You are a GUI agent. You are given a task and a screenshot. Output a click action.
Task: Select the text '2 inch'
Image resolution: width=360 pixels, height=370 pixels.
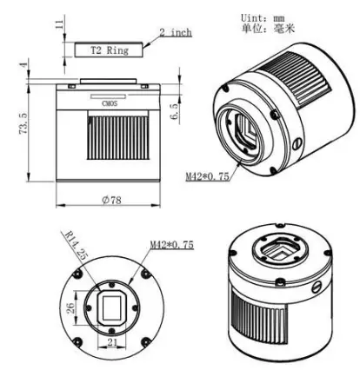[x=175, y=33]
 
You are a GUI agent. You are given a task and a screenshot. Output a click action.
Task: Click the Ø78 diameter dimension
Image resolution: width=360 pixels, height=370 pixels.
[x=110, y=199]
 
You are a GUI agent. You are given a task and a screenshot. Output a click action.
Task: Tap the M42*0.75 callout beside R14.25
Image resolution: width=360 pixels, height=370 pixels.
[x=170, y=245]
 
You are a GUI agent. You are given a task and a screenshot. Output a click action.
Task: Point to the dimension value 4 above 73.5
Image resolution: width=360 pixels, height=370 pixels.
[x=23, y=67]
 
